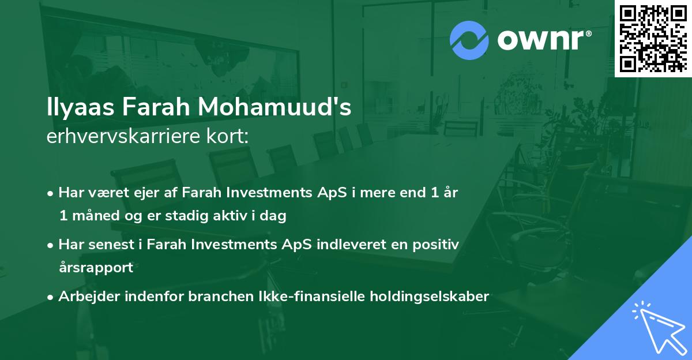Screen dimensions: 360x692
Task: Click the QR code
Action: point(653,39)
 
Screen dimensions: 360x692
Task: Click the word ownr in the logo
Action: point(544,40)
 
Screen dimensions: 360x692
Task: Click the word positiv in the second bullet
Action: point(435,244)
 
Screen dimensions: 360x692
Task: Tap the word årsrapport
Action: point(96,268)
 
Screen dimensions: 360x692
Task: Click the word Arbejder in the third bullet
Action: point(88,297)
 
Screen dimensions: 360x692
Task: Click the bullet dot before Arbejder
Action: point(51,297)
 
